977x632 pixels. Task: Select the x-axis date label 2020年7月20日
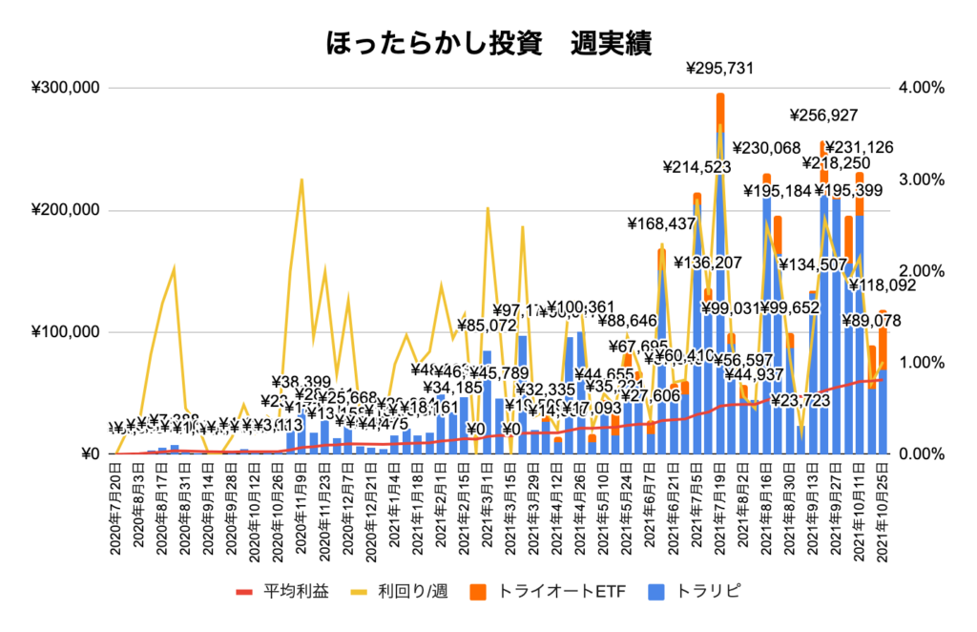point(114,496)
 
